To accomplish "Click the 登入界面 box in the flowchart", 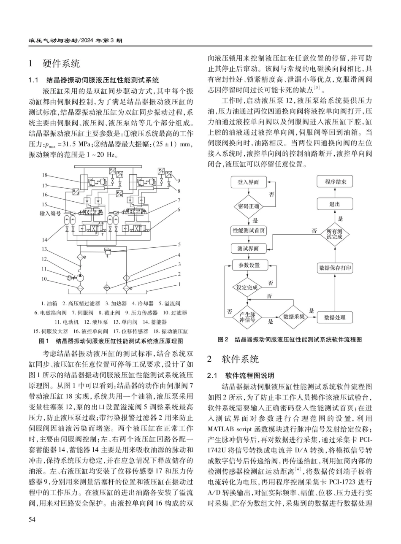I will click(x=248, y=182).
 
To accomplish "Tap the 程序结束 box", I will click(x=335, y=182).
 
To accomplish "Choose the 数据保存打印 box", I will click(x=335, y=268).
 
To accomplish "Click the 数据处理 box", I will click(x=335, y=317).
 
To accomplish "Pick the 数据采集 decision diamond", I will click(x=294, y=317).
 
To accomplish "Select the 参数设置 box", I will click(x=248, y=265).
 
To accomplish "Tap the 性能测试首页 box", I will click(x=248, y=231).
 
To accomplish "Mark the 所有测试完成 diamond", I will click(x=335, y=232).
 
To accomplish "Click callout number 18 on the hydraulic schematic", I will click(x=44, y=175).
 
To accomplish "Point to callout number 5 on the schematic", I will click(x=179, y=244).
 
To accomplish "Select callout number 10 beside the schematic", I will click(x=44, y=279).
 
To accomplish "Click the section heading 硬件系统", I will click(x=61, y=64).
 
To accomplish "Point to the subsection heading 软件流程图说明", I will click(x=249, y=375).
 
